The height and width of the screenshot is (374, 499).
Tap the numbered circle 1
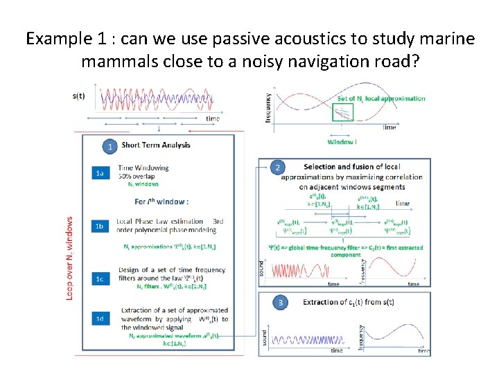click(x=108, y=146)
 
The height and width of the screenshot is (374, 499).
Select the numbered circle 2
click(x=277, y=168)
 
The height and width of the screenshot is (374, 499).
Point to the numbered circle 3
click(x=280, y=303)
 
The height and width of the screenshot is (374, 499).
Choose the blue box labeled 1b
click(x=100, y=226)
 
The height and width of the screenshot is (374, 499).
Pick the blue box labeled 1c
click(x=100, y=278)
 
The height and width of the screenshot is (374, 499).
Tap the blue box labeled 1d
click(x=100, y=319)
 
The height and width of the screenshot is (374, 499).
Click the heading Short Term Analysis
click(x=156, y=145)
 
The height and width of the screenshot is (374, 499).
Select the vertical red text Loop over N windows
click(x=69, y=258)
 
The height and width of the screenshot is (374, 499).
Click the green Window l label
click(x=342, y=142)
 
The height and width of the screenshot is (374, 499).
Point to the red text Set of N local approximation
click(x=381, y=98)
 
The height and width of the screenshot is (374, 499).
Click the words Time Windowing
click(x=143, y=168)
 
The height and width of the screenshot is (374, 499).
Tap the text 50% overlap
click(x=139, y=176)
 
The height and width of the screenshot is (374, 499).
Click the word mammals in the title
click(x=122, y=62)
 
